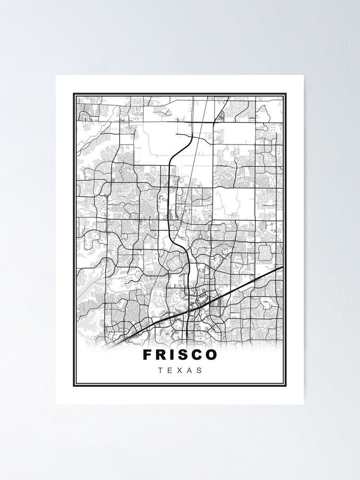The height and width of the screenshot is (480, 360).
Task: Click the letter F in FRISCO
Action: pyautogui.click(x=147, y=355)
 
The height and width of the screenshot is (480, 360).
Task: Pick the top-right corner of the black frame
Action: pyautogui.click(x=286, y=94)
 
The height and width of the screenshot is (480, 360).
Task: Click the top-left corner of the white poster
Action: pyautogui.click(x=56, y=75)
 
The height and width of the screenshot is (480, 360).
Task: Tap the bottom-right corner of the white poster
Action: pyautogui.click(x=303, y=404)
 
